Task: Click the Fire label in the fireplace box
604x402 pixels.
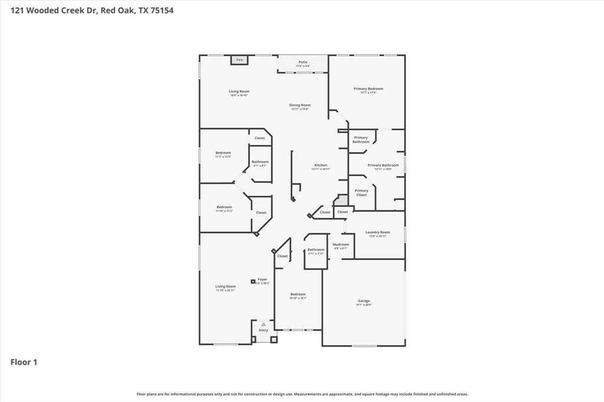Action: pos(239,60)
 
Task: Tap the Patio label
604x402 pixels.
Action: pos(303,62)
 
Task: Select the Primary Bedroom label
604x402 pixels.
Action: pos(368,89)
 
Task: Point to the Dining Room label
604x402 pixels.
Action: pos(300,106)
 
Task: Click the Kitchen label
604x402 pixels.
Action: pos(320,166)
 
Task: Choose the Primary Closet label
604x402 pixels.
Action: pos(361,193)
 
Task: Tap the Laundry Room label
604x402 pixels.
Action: pos(377,232)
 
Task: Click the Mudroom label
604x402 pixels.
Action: pos(340,245)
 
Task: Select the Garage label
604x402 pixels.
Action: pos(363,301)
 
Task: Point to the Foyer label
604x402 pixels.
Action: pos(262,279)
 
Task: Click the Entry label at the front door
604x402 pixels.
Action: pos(263,330)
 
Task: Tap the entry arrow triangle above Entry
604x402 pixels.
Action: pos(264,324)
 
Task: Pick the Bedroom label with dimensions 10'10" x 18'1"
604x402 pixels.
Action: pos(298,295)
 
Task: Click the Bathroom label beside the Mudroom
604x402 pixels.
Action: pos(316,250)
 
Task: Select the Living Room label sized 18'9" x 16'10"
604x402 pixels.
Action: pos(239,91)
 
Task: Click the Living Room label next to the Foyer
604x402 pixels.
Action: pos(225,286)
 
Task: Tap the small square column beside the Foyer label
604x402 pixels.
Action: pos(253,282)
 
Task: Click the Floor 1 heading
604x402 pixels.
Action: pos(24,362)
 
